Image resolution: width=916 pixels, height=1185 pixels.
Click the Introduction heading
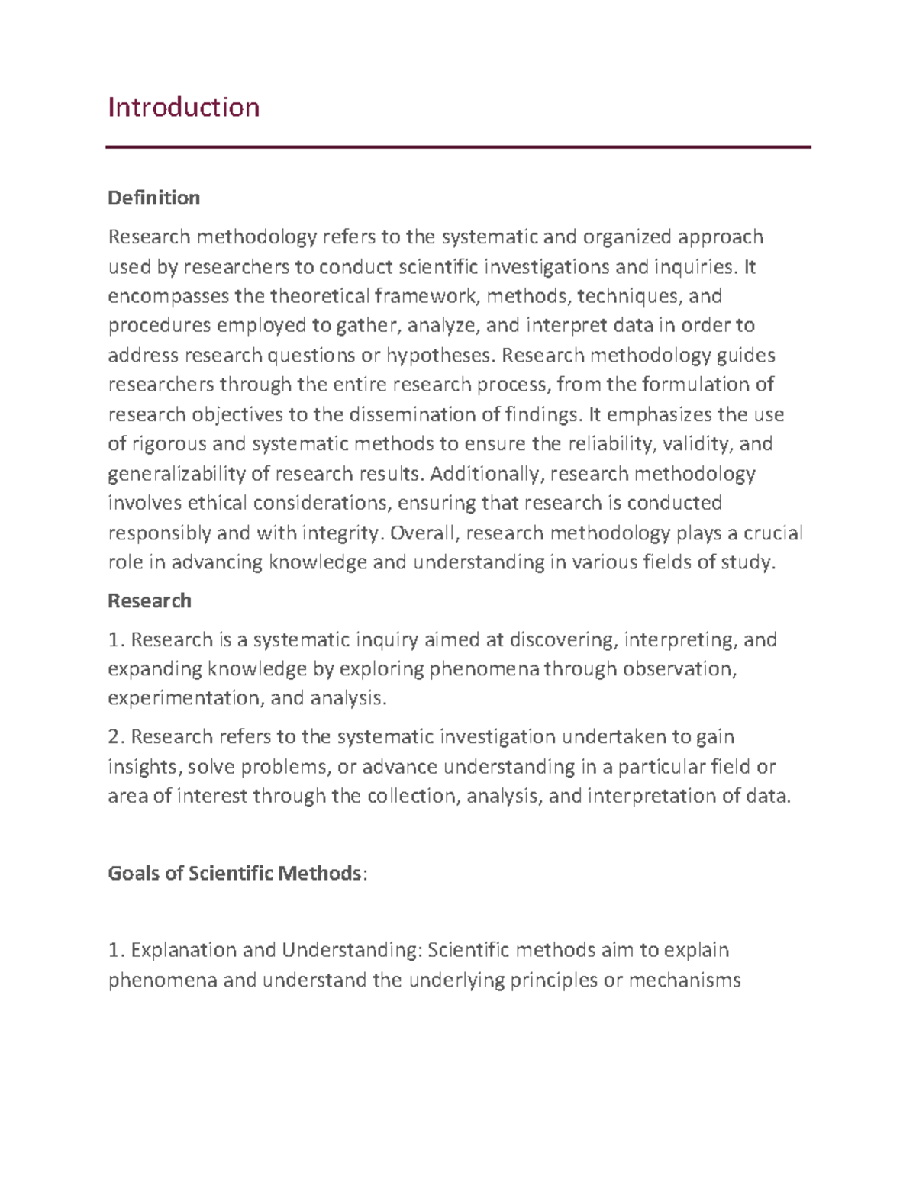pos(183,107)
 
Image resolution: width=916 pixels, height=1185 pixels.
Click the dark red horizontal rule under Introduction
pos(458,147)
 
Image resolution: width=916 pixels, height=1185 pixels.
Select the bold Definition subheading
pos(153,198)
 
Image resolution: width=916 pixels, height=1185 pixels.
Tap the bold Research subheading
pos(150,601)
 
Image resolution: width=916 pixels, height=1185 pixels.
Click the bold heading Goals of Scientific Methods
pos(234,873)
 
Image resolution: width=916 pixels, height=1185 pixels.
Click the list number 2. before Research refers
pos(116,737)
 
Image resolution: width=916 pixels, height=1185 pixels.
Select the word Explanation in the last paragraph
pos(183,951)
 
